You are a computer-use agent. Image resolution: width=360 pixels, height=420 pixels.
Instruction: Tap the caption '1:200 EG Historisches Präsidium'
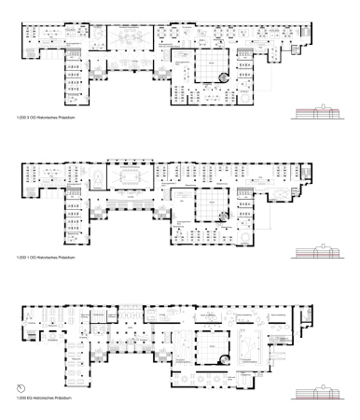43,399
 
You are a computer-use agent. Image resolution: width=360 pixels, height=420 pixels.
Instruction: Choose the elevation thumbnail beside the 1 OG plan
317,250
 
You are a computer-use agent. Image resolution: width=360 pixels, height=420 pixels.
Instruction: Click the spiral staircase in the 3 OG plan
222,78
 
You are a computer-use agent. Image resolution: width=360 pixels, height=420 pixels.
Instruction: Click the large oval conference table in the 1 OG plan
129,175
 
